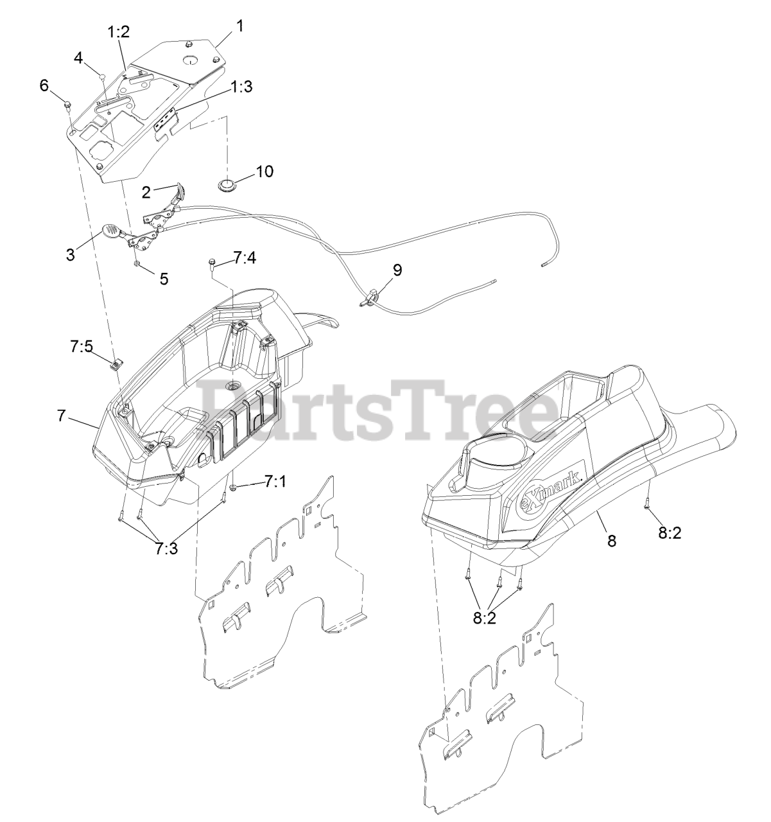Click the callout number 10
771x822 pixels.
(264, 171)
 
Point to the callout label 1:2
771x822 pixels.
(119, 32)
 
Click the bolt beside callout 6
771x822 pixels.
(67, 103)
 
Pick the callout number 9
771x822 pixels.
(397, 270)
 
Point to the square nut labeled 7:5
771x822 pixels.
(115, 366)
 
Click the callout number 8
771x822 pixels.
(611, 541)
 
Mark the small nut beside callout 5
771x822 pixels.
(137, 263)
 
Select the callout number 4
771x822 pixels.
(78, 58)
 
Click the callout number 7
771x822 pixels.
(61, 415)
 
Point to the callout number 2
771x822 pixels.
(146, 191)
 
